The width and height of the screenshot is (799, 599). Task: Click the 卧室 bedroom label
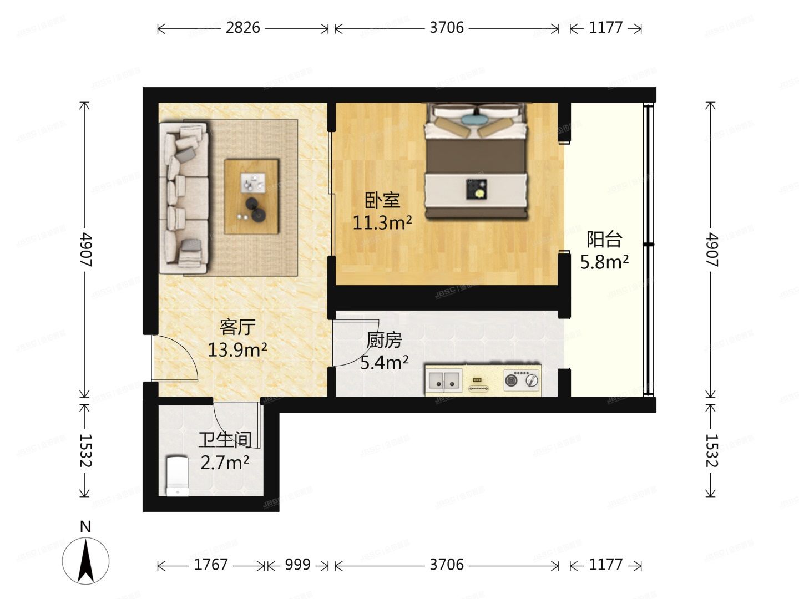point(382,200)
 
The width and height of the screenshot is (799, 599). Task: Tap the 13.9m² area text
point(237,350)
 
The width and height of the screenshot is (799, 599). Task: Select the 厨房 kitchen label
point(384,340)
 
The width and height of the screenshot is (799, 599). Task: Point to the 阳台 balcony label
point(604,240)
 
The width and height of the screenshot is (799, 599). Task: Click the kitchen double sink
point(444,380)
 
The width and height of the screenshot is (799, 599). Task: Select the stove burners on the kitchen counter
point(522,381)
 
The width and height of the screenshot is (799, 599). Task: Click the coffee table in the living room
point(251,196)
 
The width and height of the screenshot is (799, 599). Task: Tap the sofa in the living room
point(184,198)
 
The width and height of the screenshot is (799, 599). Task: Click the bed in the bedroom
point(476,161)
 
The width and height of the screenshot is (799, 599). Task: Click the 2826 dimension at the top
point(242,27)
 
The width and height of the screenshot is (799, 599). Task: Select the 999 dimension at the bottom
point(297,565)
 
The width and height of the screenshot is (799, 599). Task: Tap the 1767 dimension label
point(211,565)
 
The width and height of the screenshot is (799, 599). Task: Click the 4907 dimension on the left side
point(85,250)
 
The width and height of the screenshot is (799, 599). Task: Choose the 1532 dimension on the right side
point(712,450)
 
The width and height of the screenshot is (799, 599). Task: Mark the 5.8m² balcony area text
point(604,262)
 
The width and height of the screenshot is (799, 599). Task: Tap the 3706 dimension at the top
point(446,27)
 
